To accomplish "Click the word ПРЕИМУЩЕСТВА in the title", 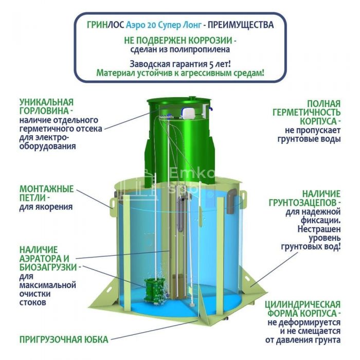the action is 241,25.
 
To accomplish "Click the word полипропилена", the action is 200,49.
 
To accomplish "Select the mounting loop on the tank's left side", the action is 113,203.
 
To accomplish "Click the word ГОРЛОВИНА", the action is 44,111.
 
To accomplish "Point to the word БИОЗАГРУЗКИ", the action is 48,267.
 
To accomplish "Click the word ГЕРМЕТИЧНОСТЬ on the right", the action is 307,113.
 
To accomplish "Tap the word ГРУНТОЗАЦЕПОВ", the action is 303,203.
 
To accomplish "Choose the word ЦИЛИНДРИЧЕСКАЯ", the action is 303,304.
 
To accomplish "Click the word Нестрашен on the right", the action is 319,229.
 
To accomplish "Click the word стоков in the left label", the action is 32,302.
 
